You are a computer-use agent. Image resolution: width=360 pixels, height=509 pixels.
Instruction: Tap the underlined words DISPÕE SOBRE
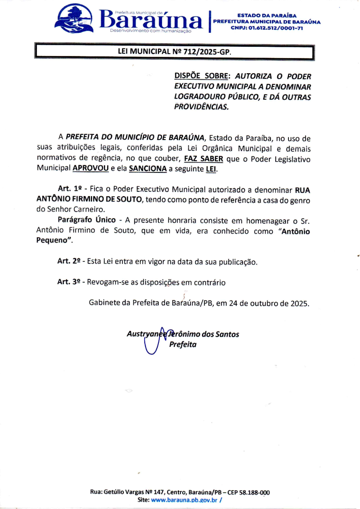click(x=203, y=76)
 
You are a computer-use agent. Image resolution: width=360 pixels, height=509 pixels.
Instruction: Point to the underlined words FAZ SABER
click(x=203, y=159)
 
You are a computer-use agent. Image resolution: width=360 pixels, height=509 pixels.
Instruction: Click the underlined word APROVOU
click(x=90, y=169)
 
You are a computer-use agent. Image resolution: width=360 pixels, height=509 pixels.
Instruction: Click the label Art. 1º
click(x=67, y=189)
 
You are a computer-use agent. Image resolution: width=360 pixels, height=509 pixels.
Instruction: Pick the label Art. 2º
click(x=69, y=262)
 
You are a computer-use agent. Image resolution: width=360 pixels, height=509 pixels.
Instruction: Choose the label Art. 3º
click(x=69, y=283)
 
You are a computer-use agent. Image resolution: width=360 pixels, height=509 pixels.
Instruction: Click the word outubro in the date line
click(x=263, y=303)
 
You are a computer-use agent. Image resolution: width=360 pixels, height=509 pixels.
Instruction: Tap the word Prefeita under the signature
click(x=182, y=345)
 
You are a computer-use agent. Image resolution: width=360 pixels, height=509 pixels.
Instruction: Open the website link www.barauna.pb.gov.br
click(x=184, y=500)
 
